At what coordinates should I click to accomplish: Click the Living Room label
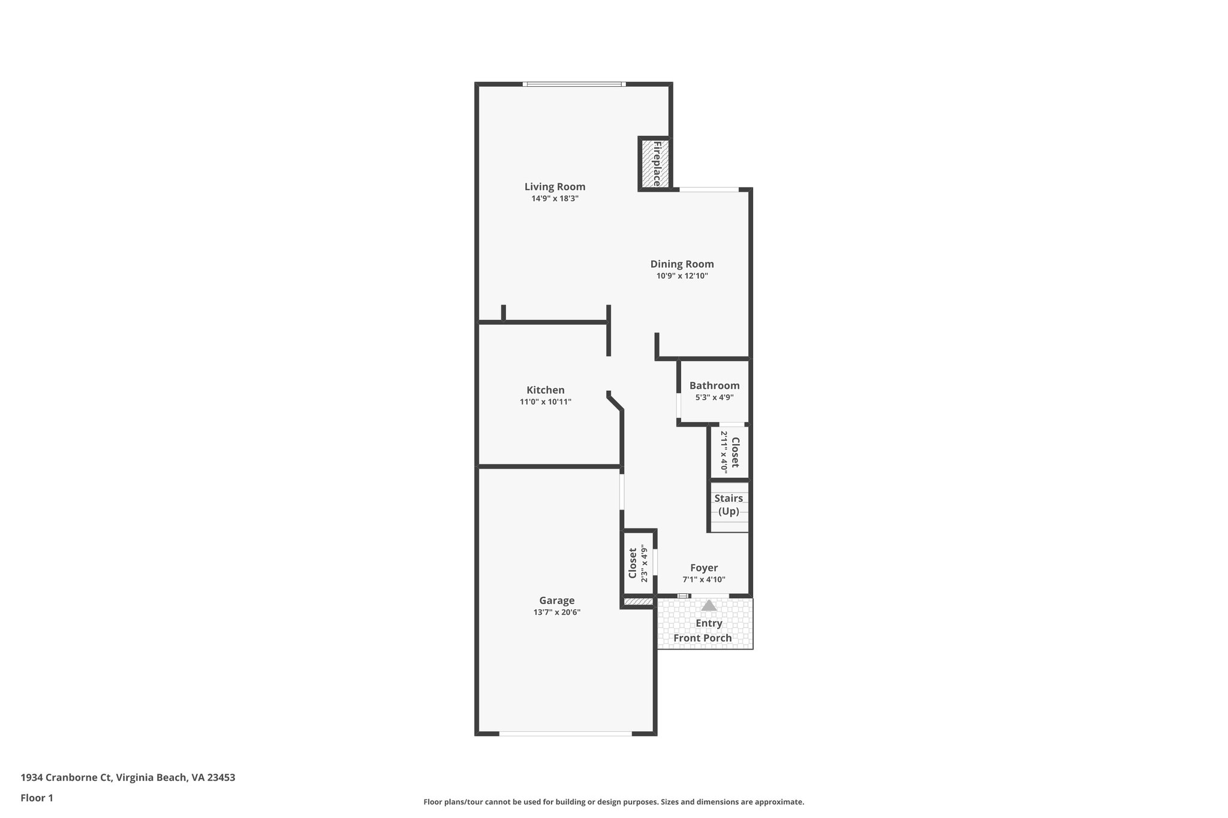(555, 187)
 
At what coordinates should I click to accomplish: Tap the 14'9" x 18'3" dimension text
(555, 199)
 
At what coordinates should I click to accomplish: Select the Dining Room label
(682, 264)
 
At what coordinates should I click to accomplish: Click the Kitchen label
(545, 390)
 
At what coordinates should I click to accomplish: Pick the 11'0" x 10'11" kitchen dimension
(545, 402)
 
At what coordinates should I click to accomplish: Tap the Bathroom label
(714, 386)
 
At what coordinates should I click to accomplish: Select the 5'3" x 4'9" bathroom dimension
(714, 397)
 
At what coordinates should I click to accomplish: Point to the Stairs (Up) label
(729, 505)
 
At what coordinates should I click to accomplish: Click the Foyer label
(703, 568)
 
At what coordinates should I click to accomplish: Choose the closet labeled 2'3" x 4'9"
(638, 563)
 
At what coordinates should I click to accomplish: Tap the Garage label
(556, 600)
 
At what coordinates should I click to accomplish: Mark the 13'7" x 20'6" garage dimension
(556, 612)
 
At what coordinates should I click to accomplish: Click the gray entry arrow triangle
(709, 606)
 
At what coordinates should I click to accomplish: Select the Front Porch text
(702, 638)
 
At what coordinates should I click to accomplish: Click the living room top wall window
(574, 84)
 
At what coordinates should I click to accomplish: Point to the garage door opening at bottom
(565, 734)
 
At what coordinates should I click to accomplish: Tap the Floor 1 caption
(37, 798)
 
